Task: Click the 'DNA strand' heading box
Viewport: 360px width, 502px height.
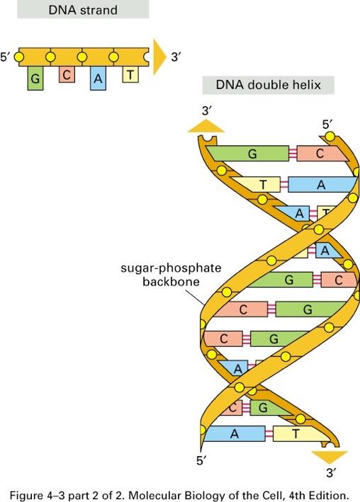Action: coord(83,9)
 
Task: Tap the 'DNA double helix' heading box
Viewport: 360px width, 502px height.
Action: coord(269,85)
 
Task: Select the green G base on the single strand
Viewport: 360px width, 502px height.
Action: coord(35,78)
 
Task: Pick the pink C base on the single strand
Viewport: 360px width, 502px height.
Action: coord(67,74)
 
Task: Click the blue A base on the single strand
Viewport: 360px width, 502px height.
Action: coord(98,78)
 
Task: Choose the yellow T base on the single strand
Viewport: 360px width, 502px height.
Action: coord(130,74)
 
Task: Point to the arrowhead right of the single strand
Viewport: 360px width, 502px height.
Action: coord(159,57)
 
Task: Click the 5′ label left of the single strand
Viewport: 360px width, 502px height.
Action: coord(5,57)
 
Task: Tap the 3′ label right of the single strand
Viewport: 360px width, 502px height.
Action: coord(176,57)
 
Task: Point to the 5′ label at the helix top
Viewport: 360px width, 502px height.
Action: coord(327,124)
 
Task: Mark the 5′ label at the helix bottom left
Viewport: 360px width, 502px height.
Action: coord(201,461)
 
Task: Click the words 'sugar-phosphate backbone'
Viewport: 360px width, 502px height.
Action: coord(171,275)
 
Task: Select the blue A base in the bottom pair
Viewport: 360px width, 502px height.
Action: coord(235,434)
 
